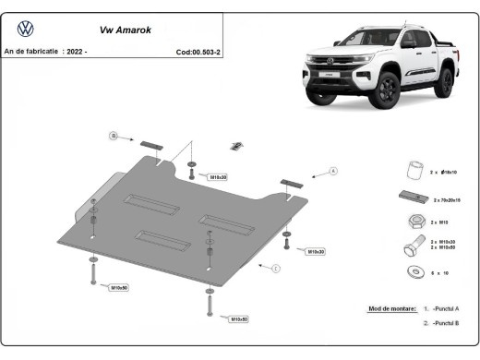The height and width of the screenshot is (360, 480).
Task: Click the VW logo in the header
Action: [25, 28]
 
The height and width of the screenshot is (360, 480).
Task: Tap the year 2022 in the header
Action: [76, 53]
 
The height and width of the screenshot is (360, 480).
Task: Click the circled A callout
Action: [333, 171]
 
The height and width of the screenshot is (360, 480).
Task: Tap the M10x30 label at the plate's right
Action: [316, 251]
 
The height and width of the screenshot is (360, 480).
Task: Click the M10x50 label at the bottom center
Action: [237, 318]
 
